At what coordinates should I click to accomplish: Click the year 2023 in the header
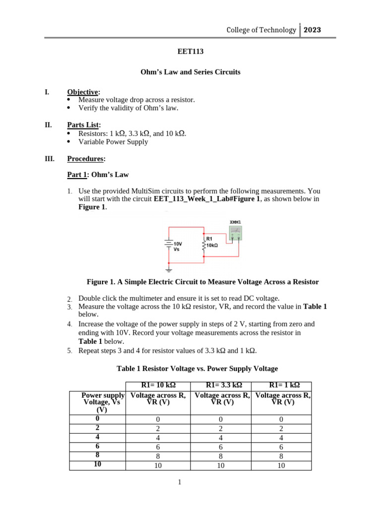click(312, 30)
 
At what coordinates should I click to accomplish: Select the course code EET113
click(190, 51)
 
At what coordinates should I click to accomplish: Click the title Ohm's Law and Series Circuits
click(190, 72)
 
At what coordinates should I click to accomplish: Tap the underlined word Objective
click(83, 92)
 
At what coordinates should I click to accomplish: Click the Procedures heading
click(86, 159)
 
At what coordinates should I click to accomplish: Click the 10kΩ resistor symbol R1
click(203, 244)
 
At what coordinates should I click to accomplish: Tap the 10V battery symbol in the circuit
click(169, 244)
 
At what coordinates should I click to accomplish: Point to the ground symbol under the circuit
click(169, 270)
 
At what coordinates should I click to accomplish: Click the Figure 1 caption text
click(202, 282)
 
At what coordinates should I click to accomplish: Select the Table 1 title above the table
click(197, 369)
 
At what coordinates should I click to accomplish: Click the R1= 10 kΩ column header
click(158, 386)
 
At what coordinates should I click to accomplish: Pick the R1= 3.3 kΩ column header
click(219, 386)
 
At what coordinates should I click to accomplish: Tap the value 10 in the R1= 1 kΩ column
click(281, 466)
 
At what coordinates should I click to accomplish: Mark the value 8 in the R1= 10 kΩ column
click(158, 456)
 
